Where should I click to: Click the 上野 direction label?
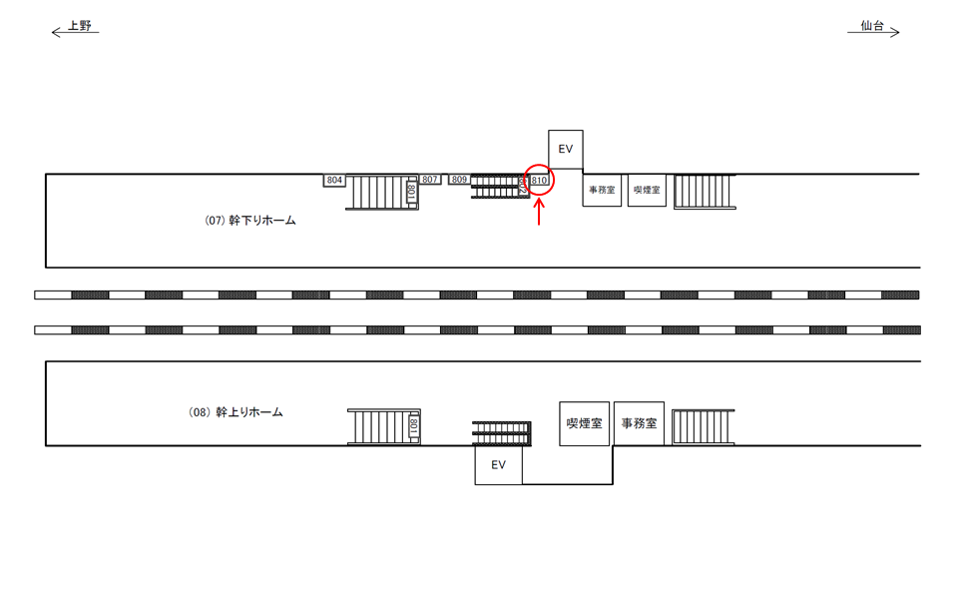(x=79, y=27)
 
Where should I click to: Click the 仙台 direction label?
(x=872, y=27)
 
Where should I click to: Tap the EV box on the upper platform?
(x=566, y=149)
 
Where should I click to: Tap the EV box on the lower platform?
(x=498, y=465)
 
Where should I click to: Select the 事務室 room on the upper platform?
(x=602, y=190)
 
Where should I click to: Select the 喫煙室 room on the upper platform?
(x=647, y=190)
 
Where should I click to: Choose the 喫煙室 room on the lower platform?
(x=585, y=423)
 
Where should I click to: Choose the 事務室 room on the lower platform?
(x=639, y=423)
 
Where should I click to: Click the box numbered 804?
(x=334, y=180)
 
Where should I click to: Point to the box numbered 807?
(x=429, y=180)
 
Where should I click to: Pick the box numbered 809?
(x=459, y=180)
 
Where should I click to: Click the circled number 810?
(x=539, y=181)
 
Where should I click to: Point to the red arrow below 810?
(x=539, y=213)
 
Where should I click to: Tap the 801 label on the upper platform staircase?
(x=411, y=191)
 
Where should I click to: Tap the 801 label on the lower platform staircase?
(x=413, y=426)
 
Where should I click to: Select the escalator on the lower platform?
(x=499, y=433)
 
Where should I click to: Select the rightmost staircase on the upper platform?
(x=705, y=191)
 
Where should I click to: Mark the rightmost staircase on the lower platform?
(x=703, y=427)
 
